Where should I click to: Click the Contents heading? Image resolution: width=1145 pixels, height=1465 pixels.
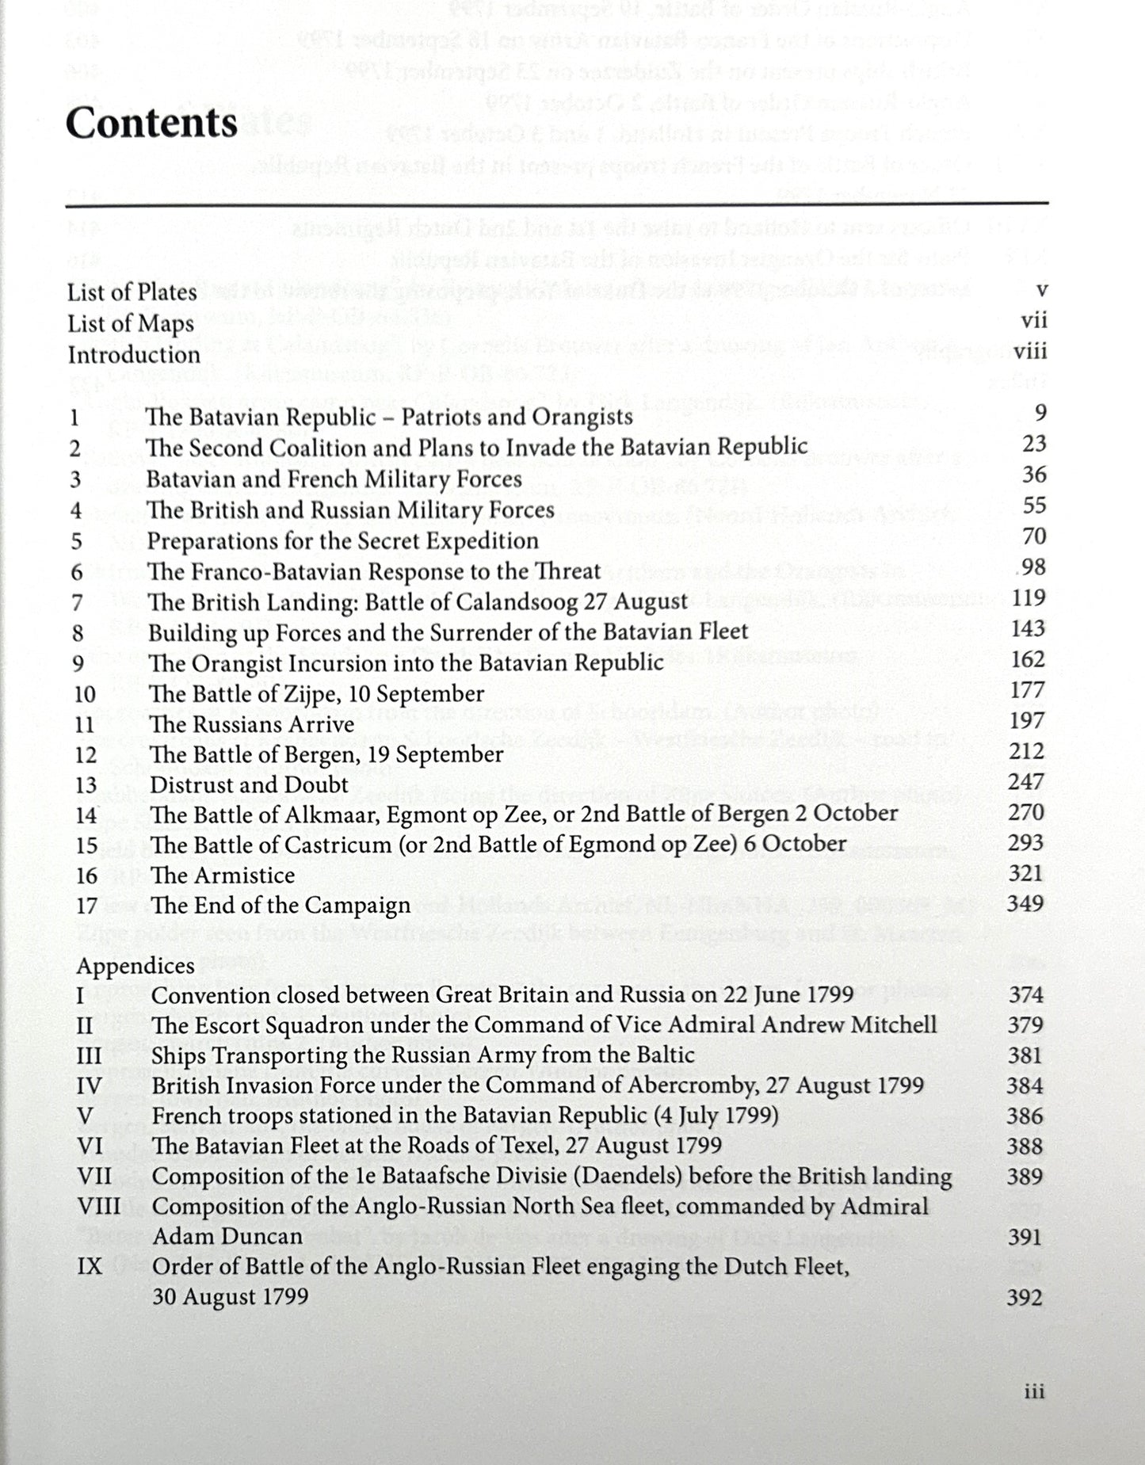point(151,123)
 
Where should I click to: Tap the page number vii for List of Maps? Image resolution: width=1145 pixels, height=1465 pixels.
point(1033,321)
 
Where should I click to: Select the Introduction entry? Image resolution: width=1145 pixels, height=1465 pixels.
point(134,355)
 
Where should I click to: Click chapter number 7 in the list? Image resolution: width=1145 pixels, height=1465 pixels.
point(77,602)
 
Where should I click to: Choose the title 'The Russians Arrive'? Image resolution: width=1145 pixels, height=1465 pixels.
point(251,724)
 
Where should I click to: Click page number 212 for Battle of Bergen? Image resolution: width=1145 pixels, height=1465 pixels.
point(1028,751)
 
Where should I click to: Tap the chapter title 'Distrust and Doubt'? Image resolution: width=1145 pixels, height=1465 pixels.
point(249,785)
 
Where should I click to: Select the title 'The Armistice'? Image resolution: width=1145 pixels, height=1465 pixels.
point(223,876)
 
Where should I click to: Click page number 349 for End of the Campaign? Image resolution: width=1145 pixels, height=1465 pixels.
point(1026,903)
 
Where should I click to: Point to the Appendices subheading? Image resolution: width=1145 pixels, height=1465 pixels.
point(135,966)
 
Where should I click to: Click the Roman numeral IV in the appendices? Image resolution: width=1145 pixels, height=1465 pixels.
point(89,1085)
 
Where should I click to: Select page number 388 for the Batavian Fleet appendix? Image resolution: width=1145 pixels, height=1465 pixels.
point(1025,1146)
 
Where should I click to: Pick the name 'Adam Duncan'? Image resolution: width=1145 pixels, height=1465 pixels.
point(227,1236)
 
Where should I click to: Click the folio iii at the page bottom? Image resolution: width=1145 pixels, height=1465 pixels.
point(1034,1391)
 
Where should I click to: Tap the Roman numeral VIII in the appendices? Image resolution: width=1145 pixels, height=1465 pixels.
point(99,1207)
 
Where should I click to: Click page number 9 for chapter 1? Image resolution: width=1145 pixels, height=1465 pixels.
point(1040,413)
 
